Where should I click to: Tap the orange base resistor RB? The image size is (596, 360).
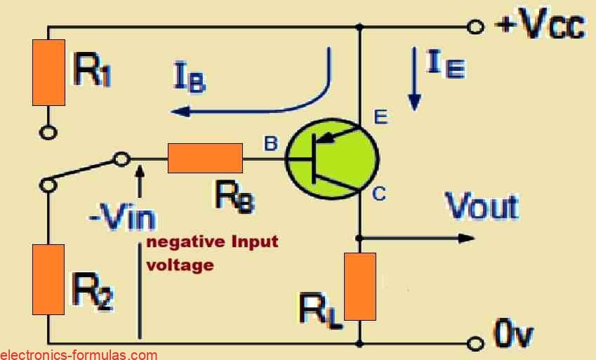click(206, 159)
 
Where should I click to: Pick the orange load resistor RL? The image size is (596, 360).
click(360, 286)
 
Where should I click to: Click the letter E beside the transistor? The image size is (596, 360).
click(380, 117)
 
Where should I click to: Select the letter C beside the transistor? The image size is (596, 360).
click(379, 194)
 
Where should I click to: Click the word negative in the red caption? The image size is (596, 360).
click(182, 243)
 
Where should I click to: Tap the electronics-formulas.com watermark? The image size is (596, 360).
click(79, 354)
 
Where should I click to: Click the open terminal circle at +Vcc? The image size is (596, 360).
click(477, 27)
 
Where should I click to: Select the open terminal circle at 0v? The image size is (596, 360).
click(477, 343)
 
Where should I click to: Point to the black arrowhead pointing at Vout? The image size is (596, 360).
click(467, 238)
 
